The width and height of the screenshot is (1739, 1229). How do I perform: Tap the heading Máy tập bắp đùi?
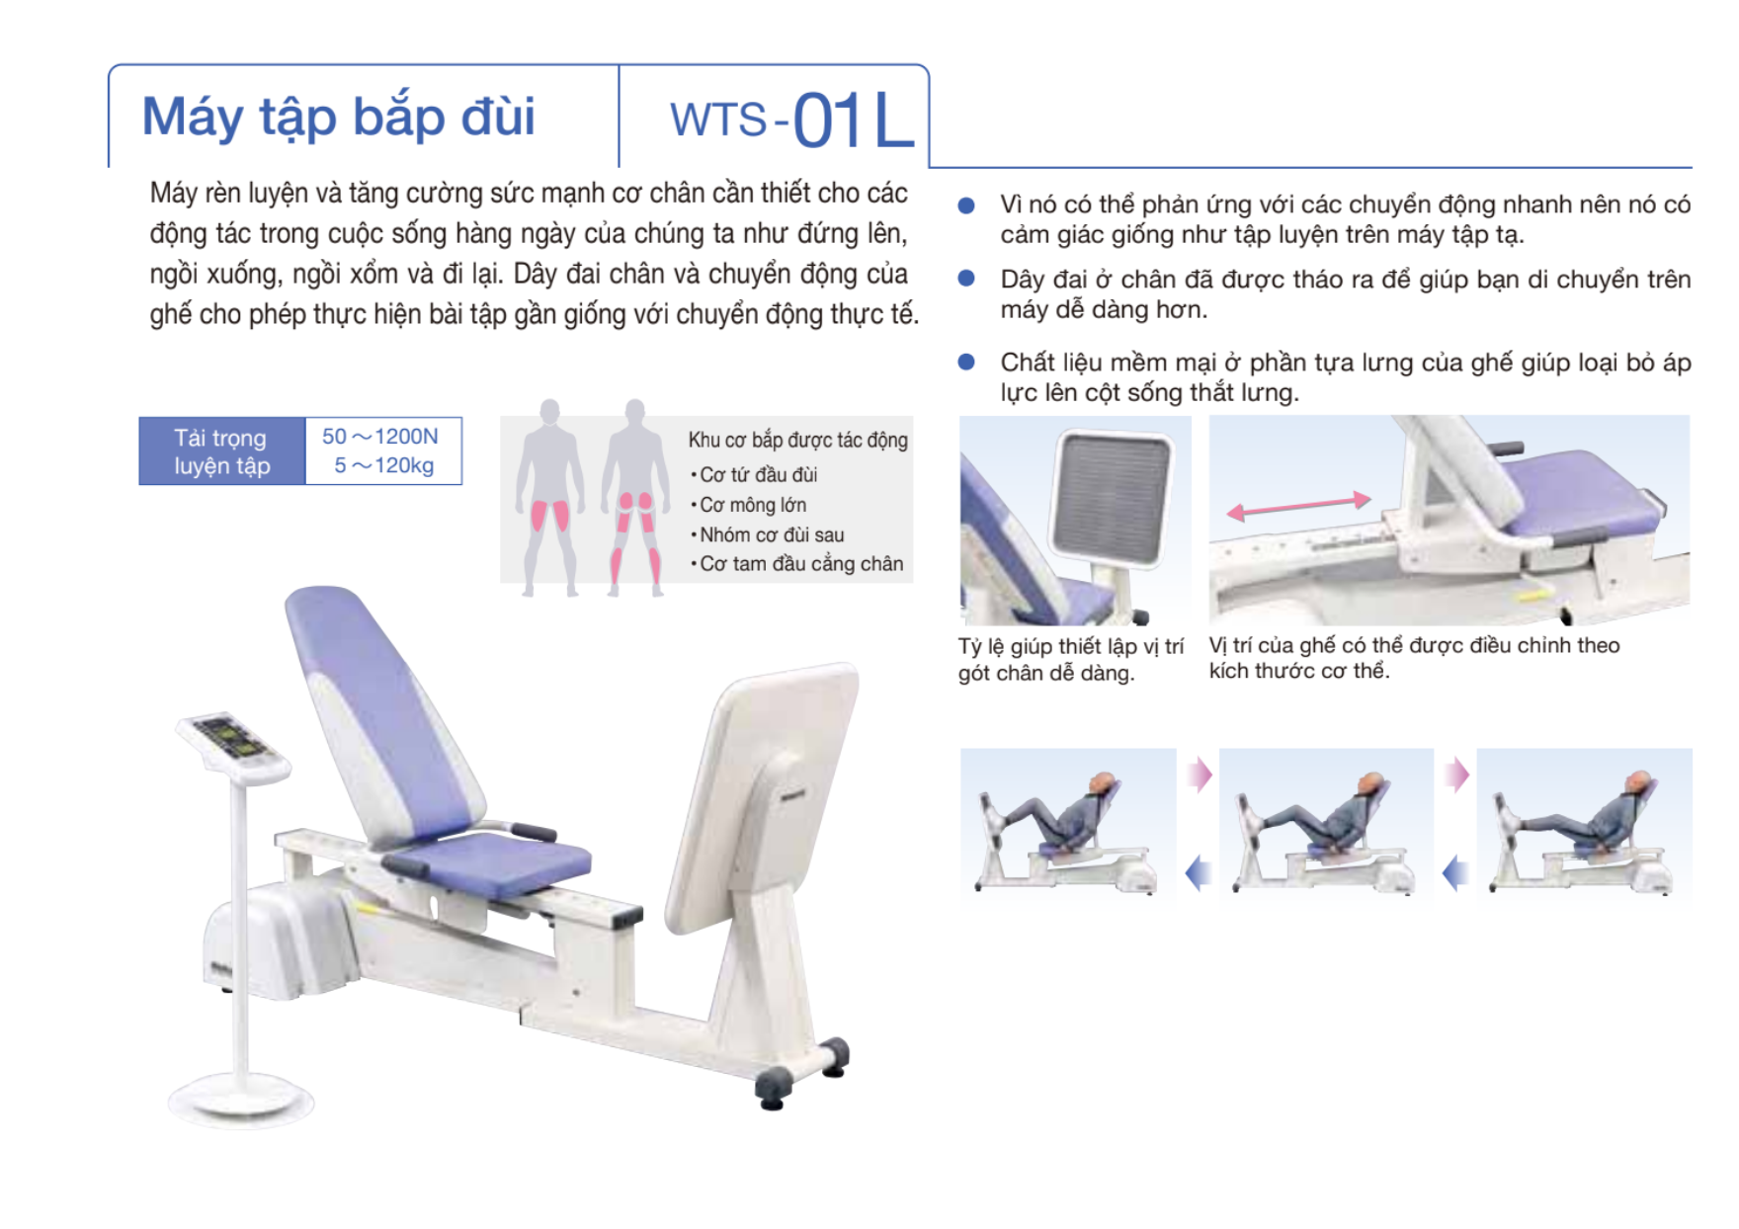tap(338, 118)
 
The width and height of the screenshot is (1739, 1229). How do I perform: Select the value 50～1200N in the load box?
tap(380, 437)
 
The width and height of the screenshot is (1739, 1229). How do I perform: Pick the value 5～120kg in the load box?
tap(383, 465)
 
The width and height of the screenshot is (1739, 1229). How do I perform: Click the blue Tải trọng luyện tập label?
tap(221, 451)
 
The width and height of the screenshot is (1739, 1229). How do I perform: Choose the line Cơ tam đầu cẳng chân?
tap(797, 564)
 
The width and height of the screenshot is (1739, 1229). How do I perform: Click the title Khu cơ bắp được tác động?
tap(798, 440)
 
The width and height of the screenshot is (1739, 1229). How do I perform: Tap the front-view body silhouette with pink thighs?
tap(549, 497)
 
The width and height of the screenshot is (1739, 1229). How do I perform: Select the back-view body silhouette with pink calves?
tap(635, 497)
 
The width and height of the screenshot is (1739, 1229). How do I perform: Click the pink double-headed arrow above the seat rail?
tap(1298, 506)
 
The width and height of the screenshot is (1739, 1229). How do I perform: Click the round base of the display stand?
tap(241, 1099)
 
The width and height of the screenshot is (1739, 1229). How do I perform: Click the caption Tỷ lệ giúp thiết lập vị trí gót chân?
tap(1070, 659)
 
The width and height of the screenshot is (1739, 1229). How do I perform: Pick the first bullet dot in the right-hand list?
tap(966, 205)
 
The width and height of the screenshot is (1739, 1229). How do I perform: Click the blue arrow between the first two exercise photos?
tap(1198, 873)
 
